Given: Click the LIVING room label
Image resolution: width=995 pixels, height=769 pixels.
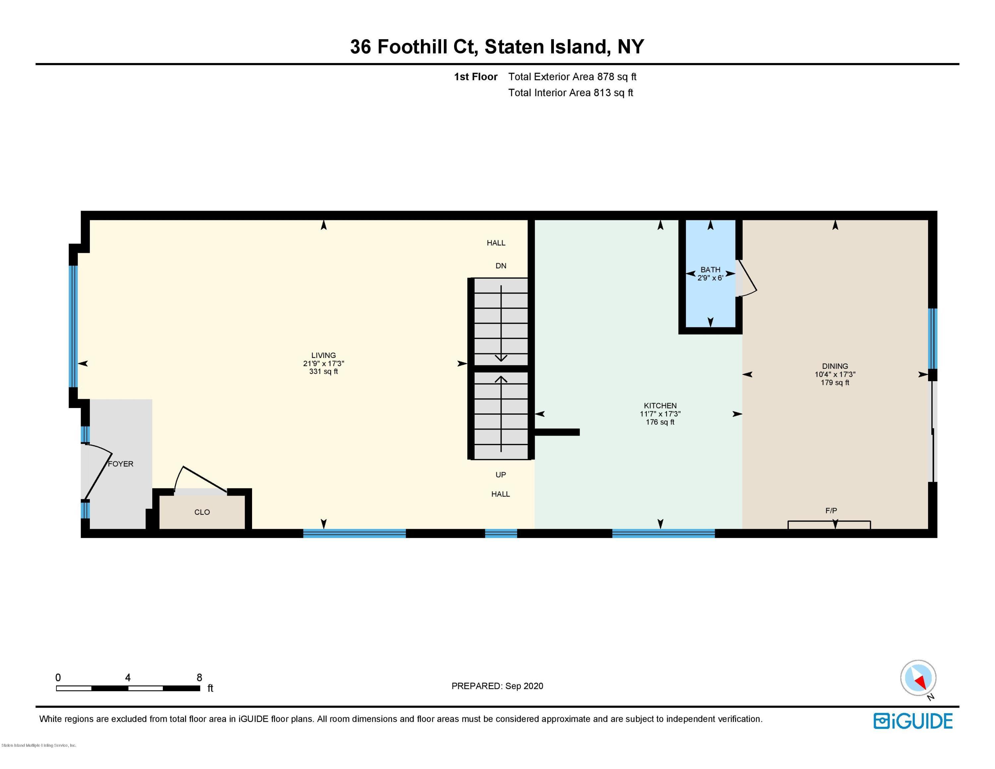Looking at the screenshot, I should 323,355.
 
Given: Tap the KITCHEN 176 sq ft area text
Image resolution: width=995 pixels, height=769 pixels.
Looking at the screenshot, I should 660,422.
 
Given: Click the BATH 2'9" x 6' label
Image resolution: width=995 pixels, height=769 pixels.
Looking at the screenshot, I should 710,273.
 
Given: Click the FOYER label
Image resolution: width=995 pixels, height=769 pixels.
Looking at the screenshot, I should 120,464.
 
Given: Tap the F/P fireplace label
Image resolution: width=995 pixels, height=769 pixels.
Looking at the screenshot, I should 831,511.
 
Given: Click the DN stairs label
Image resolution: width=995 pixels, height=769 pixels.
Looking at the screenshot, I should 501,266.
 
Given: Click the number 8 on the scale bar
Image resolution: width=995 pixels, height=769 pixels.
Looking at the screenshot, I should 199,677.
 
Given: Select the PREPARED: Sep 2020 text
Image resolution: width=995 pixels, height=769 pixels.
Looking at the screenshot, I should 497,686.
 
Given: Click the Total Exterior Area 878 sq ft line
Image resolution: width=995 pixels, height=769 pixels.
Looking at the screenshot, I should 572,77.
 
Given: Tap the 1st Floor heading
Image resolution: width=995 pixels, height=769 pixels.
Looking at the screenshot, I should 475,77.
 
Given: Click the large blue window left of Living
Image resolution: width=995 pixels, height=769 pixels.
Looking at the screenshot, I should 73,326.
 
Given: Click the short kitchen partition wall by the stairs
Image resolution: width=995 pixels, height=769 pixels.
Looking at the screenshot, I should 557,432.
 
